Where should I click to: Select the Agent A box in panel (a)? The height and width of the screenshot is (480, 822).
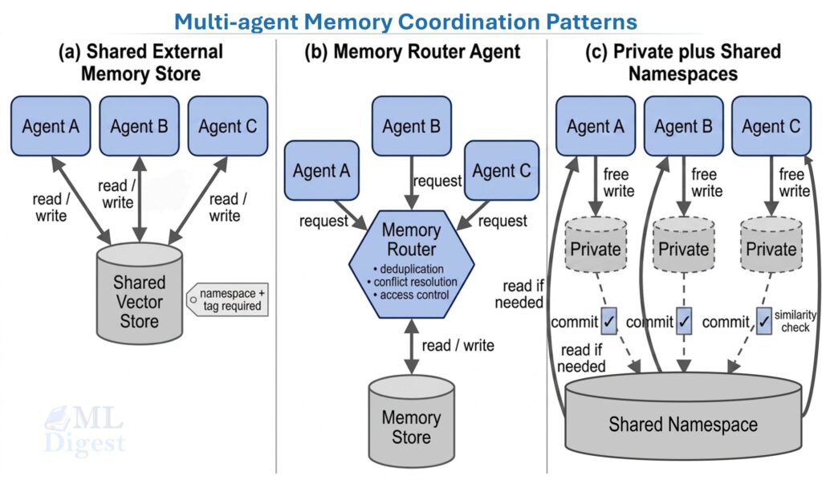(x=51, y=126)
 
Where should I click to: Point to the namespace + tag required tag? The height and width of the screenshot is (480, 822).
(x=228, y=299)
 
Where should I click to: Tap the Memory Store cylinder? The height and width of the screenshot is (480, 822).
(x=411, y=425)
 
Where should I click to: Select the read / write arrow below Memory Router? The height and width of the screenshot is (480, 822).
(x=411, y=345)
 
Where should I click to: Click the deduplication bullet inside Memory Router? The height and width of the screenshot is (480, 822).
(x=411, y=268)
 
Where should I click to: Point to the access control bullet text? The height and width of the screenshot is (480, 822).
(x=411, y=295)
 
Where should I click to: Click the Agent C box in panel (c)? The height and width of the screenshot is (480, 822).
(x=771, y=126)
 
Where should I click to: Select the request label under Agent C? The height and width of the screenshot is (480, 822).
(x=502, y=220)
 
